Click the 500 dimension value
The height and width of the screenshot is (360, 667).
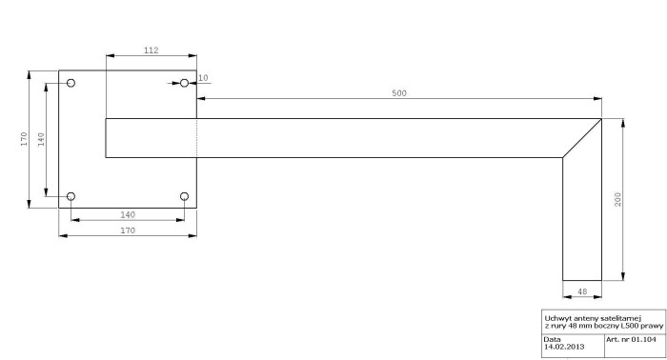[399, 93]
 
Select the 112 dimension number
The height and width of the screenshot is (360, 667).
[151, 50]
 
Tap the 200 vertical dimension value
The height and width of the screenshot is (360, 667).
[617, 199]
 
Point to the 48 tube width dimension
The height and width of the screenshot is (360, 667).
[582, 291]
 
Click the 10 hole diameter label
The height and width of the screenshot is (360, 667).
[203, 78]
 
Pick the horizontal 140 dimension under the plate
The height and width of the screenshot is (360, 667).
[128, 214]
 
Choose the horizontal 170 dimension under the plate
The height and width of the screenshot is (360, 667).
[128, 230]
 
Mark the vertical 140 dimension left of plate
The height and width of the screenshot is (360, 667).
[41, 139]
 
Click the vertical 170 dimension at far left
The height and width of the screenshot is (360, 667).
[24, 139]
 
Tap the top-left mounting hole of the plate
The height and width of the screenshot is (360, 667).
[71, 83]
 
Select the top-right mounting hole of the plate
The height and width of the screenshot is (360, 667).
[184, 83]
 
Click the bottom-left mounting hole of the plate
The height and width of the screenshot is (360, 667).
[71, 196]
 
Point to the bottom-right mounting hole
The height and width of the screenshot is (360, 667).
[184, 196]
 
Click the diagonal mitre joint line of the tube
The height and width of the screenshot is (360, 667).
[582, 138]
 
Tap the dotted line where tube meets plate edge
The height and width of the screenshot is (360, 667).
[196, 138]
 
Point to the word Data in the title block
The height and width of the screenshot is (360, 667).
[552, 339]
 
